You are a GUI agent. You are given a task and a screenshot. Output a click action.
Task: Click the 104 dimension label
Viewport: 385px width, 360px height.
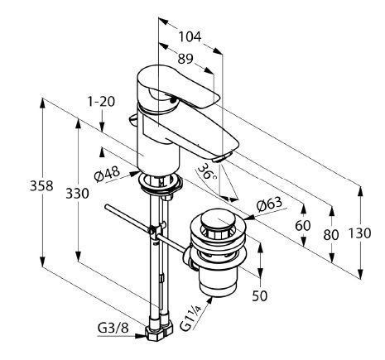pos(190,36)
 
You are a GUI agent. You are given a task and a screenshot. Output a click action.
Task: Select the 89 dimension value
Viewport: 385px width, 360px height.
pos(185,59)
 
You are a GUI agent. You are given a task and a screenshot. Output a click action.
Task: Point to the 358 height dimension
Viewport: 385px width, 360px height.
pos(41,185)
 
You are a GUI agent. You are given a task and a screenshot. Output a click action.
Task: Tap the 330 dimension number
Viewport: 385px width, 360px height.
pos(77,194)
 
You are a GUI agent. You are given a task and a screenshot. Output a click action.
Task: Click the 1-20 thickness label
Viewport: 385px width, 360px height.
pos(101,102)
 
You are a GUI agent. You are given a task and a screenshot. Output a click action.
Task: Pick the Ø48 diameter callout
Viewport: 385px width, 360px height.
pos(107,174)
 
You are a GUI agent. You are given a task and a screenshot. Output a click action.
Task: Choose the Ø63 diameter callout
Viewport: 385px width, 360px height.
pos(269,204)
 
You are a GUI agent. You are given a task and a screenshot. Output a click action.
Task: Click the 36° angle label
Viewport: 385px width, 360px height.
pos(208,171)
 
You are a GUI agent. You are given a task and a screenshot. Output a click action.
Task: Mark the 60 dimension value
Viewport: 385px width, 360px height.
pos(303,226)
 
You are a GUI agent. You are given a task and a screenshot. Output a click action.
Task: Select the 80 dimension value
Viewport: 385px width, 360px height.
pos(331,235)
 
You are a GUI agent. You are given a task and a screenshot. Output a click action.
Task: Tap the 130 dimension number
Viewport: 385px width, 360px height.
pos(359,233)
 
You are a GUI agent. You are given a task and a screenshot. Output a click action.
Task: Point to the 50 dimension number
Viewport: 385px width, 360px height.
pos(260,296)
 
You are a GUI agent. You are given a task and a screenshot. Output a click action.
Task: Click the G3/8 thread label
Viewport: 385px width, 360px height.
pos(113,329)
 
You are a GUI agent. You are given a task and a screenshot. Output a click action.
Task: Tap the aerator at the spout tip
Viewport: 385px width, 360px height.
pos(220,158)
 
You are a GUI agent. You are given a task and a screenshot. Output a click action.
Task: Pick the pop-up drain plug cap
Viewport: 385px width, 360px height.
pos(218,219)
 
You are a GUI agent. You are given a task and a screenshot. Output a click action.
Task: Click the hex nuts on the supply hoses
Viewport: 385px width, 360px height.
pos(159,329)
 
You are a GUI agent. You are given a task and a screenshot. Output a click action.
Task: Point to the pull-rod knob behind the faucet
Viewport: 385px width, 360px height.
pos(132,119)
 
